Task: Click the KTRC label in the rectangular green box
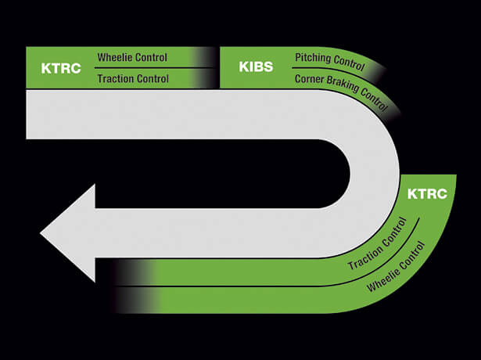(x=61, y=68)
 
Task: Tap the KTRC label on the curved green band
(x=427, y=194)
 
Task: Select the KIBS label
(x=256, y=67)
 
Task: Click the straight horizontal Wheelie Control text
(x=132, y=57)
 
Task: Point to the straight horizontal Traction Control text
(x=133, y=78)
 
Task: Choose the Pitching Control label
(x=330, y=62)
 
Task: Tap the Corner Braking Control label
(x=341, y=91)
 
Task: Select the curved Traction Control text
(x=378, y=244)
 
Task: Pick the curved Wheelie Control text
(x=397, y=267)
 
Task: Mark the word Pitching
(x=313, y=58)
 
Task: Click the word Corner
(x=309, y=79)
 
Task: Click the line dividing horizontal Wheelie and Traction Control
(x=153, y=68)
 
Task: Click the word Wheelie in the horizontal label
(x=114, y=57)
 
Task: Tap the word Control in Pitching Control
(x=349, y=63)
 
